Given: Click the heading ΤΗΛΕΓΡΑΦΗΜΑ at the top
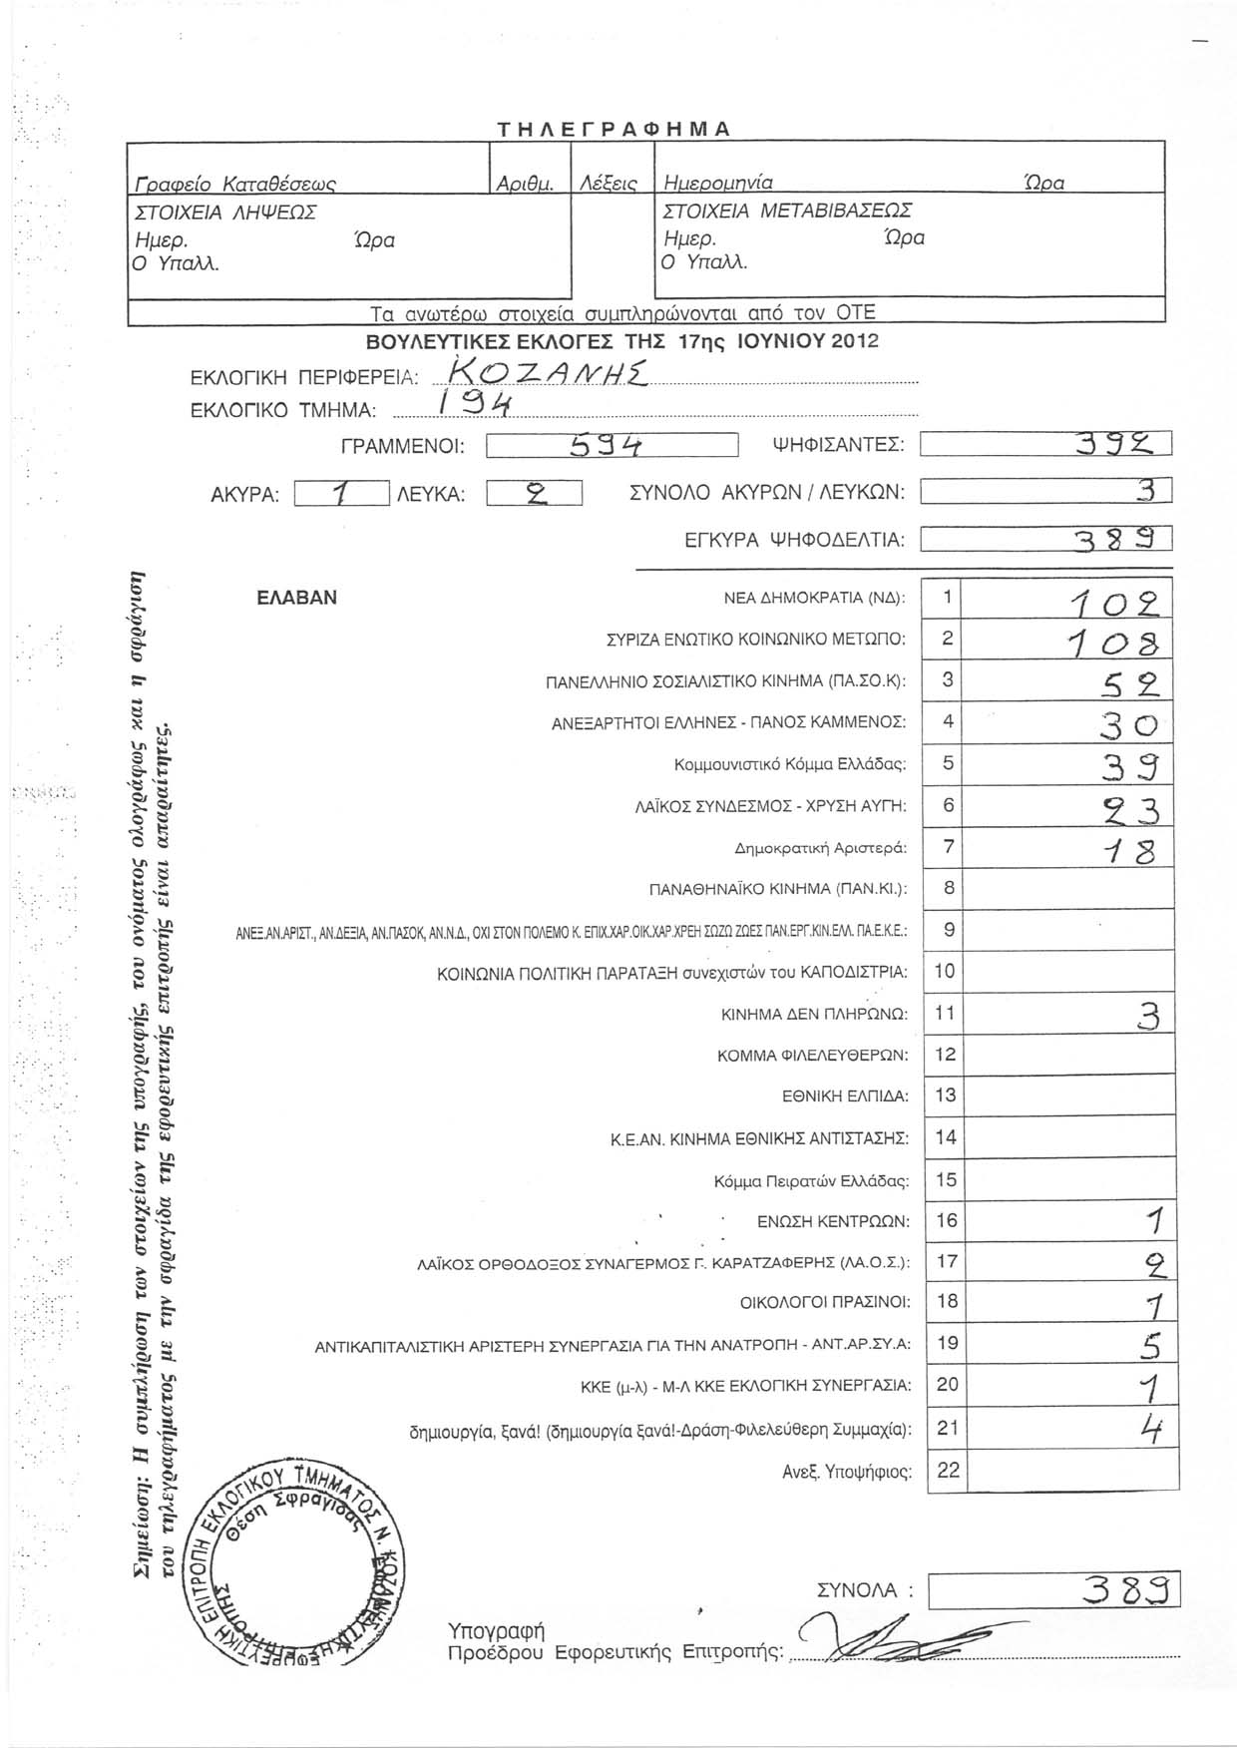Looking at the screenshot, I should click(x=615, y=129).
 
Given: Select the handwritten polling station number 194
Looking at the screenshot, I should click(x=473, y=404).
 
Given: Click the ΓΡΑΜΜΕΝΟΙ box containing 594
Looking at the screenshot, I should click(x=611, y=445).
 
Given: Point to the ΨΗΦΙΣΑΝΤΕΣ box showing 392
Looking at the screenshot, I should click(x=1044, y=445).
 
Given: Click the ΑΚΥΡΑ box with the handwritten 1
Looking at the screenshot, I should click(x=341, y=493).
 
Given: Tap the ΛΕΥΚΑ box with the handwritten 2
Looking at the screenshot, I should click(x=534, y=493).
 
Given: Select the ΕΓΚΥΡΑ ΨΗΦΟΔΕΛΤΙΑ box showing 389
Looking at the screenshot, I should click(x=1044, y=540).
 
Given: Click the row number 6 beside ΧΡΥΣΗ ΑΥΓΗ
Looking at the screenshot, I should click(x=948, y=804).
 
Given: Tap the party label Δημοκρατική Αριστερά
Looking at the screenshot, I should click(x=820, y=849).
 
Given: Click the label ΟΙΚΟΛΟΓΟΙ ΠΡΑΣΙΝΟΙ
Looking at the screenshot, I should click(x=825, y=1302).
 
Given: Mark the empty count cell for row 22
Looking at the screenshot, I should click(x=1069, y=1471).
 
